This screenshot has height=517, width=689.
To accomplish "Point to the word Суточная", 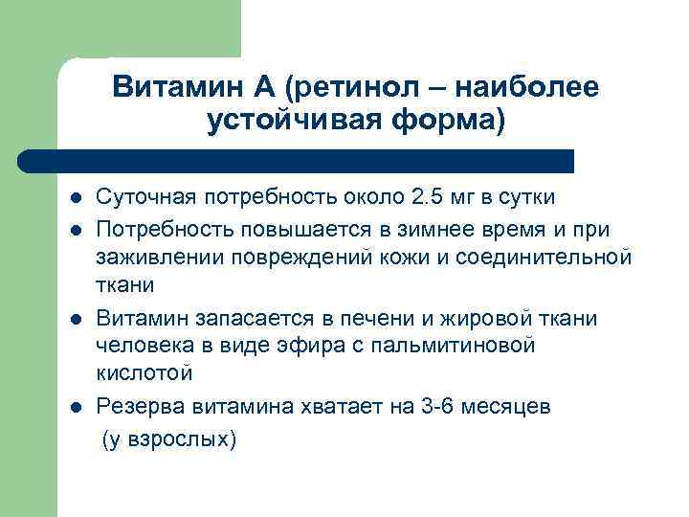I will (x=144, y=197).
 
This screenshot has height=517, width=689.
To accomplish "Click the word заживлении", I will (x=154, y=257).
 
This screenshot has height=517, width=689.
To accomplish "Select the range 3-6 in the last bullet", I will (x=438, y=406).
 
